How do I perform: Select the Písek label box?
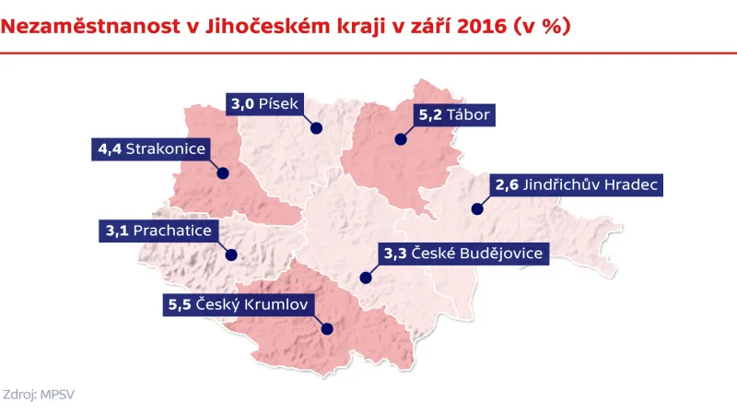(264, 104)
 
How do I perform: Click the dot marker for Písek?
(315, 128)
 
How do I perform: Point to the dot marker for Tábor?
(401, 140)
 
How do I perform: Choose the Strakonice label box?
(152, 148)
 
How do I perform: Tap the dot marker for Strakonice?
(222, 172)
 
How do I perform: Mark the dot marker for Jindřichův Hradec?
(477, 209)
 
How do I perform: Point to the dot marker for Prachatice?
(231, 254)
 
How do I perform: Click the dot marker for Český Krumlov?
(326, 327)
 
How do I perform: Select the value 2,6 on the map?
(507, 185)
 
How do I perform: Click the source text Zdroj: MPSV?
(39, 393)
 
